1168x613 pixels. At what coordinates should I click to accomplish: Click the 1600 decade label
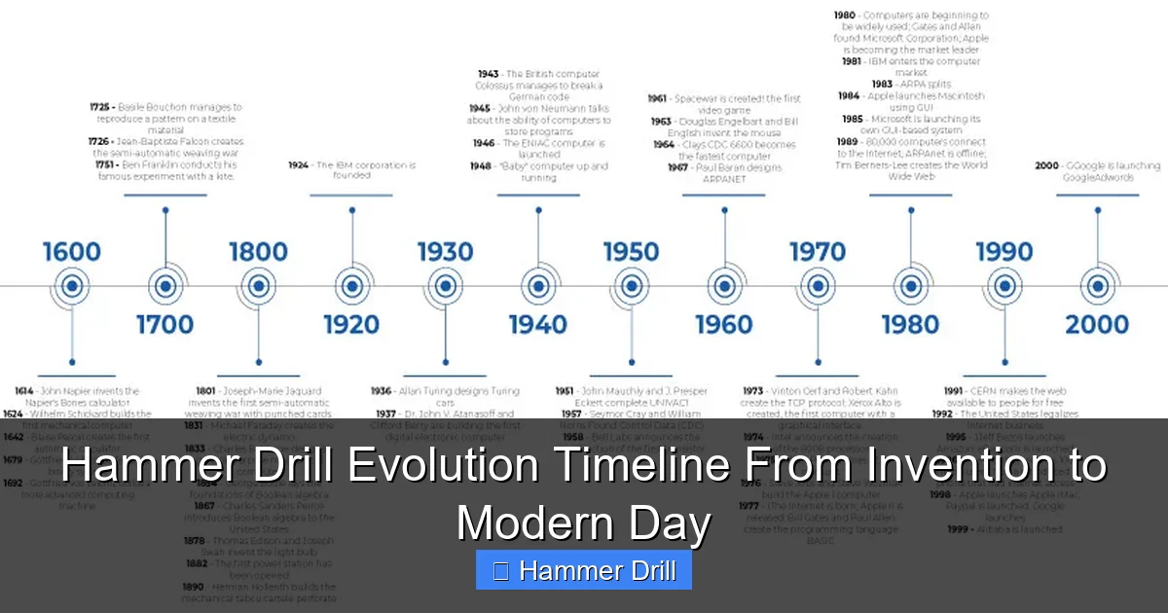point(71,252)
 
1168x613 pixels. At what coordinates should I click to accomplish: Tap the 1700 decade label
point(164,323)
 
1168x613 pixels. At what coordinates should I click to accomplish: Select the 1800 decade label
point(258,252)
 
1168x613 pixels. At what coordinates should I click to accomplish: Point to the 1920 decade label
point(351,323)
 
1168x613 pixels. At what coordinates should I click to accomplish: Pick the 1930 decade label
point(445,252)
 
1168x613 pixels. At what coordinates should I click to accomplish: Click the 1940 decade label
point(537,323)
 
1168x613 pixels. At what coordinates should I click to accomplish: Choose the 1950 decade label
point(631,252)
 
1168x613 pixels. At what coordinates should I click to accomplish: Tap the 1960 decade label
point(724,323)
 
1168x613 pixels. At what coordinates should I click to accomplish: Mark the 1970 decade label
point(818,252)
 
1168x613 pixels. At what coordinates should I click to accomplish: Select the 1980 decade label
point(911,323)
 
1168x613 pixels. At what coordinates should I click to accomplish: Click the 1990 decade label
point(1004,252)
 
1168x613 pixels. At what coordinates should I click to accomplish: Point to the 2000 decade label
point(1097,323)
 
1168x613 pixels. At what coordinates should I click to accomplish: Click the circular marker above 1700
point(164,286)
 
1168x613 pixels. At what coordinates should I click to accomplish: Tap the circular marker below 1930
point(445,286)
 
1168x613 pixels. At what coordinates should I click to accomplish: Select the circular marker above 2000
point(1097,286)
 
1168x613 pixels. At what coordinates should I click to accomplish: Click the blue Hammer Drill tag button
point(584,570)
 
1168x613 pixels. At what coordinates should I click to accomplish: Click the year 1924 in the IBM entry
point(298,165)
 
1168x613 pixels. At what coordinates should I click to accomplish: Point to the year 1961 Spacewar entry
point(657,98)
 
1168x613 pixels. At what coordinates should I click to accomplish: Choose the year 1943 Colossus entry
point(488,74)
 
